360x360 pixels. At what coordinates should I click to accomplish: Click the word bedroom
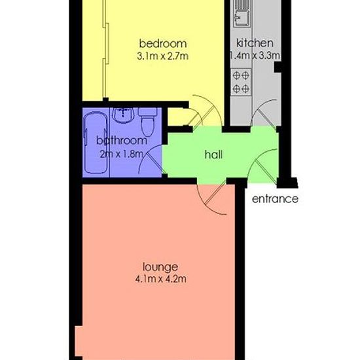click(x=163, y=44)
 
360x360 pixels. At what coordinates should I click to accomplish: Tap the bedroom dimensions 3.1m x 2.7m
click(x=162, y=56)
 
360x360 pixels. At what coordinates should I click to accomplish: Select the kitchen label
click(x=255, y=43)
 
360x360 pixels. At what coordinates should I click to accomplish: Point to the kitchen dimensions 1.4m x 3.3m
click(x=255, y=56)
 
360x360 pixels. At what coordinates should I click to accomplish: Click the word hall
click(x=213, y=154)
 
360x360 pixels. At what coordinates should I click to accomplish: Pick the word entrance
click(x=275, y=199)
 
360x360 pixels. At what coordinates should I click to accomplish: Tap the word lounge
click(x=160, y=267)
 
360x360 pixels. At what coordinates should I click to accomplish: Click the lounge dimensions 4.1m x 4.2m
click(x=161, y=279)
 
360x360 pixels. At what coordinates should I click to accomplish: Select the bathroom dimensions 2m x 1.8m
click(x=122, y=154)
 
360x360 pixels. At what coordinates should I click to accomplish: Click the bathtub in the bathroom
click(x=96, y=143)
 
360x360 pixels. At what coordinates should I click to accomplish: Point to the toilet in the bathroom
click(x=148, y=122)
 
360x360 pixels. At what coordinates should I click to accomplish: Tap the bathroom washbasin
click(x=124, y=115)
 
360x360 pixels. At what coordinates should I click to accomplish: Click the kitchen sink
click(x=242, y=13)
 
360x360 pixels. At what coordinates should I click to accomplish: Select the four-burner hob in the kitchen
click(x=241, y=82)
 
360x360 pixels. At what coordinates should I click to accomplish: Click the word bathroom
click(x=122, y=141)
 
